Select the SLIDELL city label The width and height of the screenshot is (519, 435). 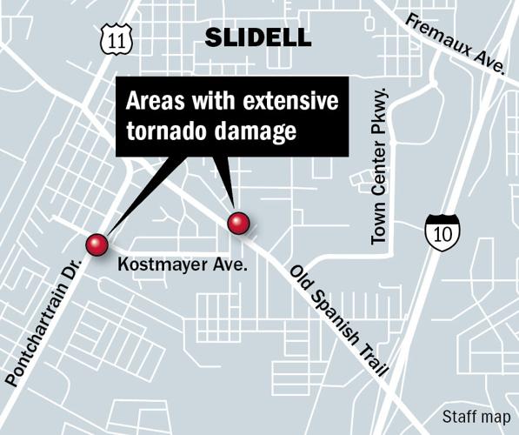tap(256, 37)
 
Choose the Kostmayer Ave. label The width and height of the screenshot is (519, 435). tap(182, 263)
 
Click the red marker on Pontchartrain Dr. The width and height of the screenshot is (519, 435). tap(96, 244)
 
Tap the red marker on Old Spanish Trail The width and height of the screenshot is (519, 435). tap(238, 223)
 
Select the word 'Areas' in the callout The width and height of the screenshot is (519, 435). tap(150, 101)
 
